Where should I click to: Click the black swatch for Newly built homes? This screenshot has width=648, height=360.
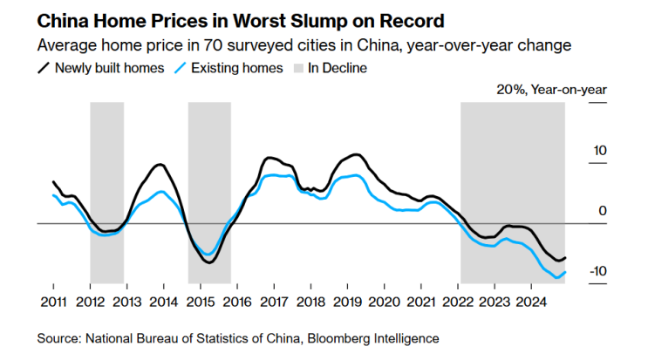click(x=44, y=68)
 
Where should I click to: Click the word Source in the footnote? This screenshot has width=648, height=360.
click(x=58, y=337)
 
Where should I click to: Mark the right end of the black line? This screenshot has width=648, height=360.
click(x=566, y=257)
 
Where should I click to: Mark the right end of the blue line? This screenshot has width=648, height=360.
click(x=566, y=272)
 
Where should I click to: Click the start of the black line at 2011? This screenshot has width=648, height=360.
click(x=53, y=182)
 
